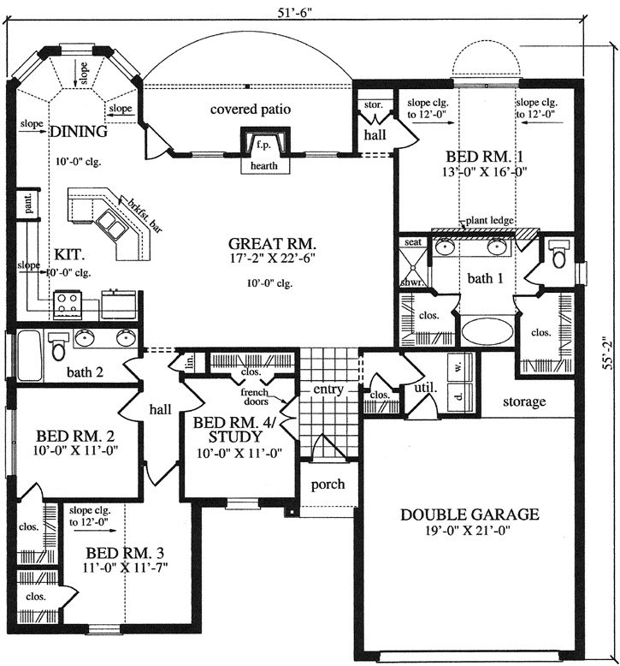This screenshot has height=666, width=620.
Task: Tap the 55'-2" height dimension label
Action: click(606, 353)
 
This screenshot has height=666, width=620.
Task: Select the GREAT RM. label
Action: click(271, 242)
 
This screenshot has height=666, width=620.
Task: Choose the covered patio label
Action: click(251, 109)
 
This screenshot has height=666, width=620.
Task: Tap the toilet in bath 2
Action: click(56, 347)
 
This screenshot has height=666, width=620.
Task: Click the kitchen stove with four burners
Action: click(68, 301)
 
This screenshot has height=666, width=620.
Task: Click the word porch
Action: click(328, 484)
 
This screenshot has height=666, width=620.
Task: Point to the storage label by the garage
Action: click(524, 401)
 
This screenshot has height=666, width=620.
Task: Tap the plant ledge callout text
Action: click(489, 220)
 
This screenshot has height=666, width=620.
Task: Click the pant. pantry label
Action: click(27, 204)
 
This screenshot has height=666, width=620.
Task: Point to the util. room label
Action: click(425, 388)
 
